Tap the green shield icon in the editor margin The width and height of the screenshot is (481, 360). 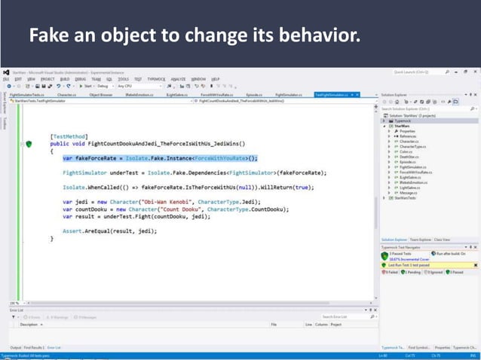pyautogui.click(x=29, y=143)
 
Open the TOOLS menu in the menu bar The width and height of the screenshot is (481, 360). pyautogui.click(x=123, y=78)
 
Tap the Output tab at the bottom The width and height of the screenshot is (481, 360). pyautogui.click(x=15, y=346)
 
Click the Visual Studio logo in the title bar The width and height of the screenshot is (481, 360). pyautogui.click(x=6, y=72)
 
